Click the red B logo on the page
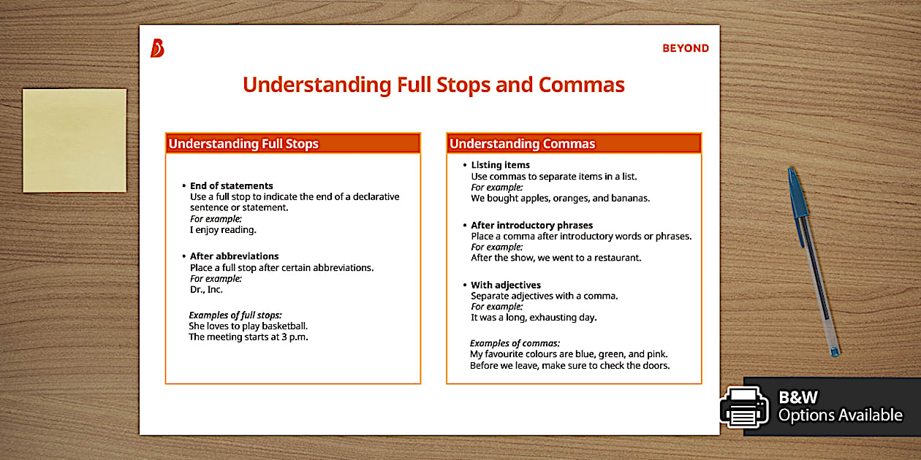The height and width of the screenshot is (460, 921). [157, 48]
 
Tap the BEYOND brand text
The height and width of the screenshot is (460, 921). [685, 48]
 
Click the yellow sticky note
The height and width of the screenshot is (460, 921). [75, 140]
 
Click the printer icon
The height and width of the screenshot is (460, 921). [744, 407]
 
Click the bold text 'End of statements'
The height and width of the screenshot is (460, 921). [231, 185]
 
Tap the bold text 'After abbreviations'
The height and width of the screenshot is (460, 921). [234, 256]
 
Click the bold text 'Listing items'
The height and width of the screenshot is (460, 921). [500, 165]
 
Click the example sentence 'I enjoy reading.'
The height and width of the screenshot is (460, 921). [223, 230]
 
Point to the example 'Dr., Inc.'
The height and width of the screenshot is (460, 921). [206, 290]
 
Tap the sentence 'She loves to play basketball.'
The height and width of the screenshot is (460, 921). [248, 326]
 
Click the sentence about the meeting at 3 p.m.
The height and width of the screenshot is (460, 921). [248, 337]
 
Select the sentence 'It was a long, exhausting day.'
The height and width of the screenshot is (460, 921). [534, 318]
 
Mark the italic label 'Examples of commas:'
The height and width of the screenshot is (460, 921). [515, 343]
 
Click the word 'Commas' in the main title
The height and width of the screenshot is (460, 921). [581, 85]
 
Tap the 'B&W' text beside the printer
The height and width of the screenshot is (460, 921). [797, 397]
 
